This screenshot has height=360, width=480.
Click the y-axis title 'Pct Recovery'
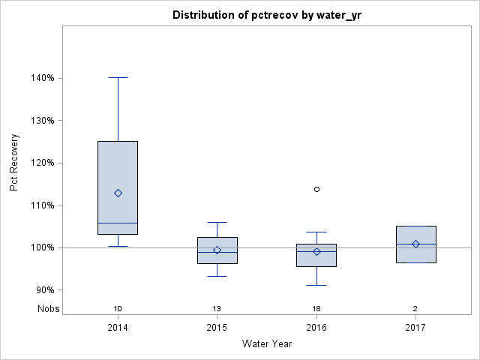15,163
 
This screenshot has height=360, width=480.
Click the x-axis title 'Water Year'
266,343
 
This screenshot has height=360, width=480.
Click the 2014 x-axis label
118,327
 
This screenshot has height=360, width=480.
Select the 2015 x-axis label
217,327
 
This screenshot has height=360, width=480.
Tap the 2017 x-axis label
415,327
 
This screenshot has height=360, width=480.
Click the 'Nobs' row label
48,309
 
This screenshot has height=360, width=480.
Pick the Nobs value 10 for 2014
118,309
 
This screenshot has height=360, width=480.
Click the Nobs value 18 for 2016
316,309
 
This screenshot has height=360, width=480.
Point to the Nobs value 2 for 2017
415,309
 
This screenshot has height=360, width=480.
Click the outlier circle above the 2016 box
316,189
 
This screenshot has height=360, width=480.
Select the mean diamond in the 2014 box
118,193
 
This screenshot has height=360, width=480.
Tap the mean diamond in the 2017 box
415,244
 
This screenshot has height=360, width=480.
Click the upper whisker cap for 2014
118,77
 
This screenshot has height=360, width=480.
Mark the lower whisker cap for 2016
316,285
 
